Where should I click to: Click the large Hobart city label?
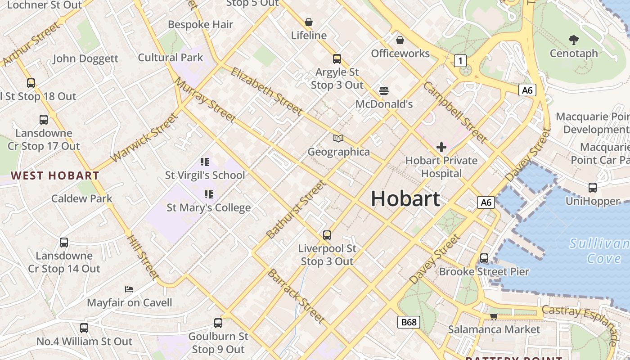click(x=405, y=199)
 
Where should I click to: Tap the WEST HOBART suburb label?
click(x=55, y=176)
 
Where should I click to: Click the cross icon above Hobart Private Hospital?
click(x=441, y=147)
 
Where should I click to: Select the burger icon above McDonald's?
click(x=384, y=90)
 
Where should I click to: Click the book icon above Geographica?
click(x=338, y=138)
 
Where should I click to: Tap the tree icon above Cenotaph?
click(x=573, y=40)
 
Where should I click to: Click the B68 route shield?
click(x=409, y=322)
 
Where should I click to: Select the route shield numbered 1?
click(x=460, y=60)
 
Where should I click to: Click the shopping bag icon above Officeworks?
click(x=400, y=40)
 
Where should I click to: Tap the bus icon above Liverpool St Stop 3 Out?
click(x=327, y=235)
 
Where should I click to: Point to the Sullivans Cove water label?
click(x=598, y=251)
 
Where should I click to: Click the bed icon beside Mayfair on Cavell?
click(x=129, y=289)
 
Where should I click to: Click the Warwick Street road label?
click(x=144, y=138)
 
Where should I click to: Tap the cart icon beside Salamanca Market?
click(x=494, y=316)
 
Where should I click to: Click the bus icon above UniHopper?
click(x=593, y=188)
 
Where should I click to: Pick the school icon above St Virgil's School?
click(x=205, y=162)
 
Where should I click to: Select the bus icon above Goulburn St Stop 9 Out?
click(x=218, y=323)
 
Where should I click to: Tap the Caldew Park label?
click(x=82, y=198)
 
